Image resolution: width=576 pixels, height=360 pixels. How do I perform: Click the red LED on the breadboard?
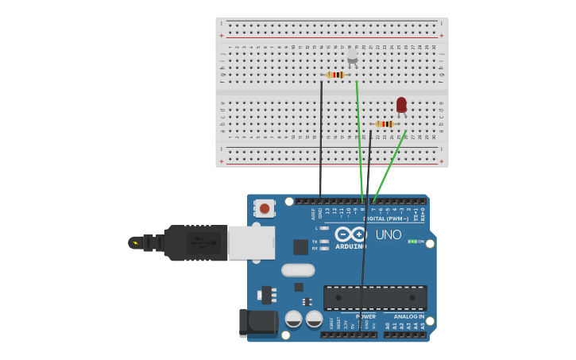(x=401, y=105)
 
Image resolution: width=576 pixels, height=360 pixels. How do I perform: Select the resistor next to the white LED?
(x=336, y=75)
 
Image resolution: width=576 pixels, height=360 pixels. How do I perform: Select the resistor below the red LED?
(x=385, y=124)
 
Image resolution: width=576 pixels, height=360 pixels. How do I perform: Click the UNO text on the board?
(x=389, y=234)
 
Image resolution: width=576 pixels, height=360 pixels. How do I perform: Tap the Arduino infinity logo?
(x=350, y=234)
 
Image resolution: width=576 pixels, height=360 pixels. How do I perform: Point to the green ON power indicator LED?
(x=412, y=241)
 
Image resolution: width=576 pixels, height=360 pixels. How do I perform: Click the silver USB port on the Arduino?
(x=251, y=242)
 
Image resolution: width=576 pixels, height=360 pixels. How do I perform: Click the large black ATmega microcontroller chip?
(x=375, y=297)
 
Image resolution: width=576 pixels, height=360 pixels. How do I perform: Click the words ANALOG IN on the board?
(x=409, y=316)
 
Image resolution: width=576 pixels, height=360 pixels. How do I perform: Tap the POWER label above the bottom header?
(x=365, y=316)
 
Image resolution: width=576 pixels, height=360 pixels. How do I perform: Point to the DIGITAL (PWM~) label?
(x=388, y=218)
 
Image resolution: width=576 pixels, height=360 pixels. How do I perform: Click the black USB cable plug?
(x=195, y=242)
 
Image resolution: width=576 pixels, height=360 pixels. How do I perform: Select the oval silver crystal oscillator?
(x=298, y=270)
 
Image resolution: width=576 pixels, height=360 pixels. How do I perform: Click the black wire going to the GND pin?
(x=321, y=143)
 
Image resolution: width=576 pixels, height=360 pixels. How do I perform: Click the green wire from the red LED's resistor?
(x=389, y=163)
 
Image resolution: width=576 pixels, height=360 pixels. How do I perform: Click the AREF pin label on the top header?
(x=314, y=212)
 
